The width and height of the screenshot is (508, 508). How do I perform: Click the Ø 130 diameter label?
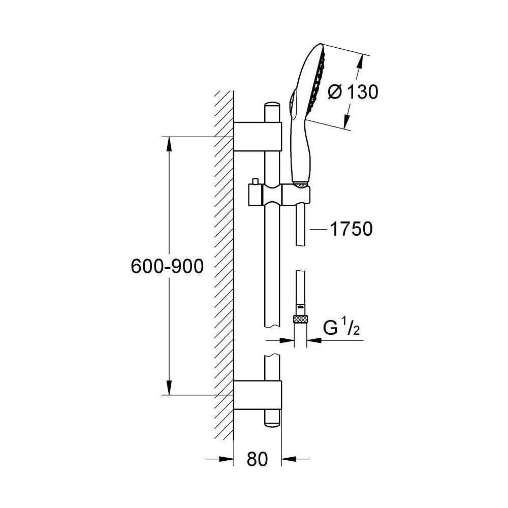pyautogui.click(x=354, y=92)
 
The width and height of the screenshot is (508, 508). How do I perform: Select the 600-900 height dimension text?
pyautogui.click(x=167, y=266)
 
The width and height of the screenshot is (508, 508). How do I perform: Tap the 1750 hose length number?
pyautogui.click(x=351, y=229)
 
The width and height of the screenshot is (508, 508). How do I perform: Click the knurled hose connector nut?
pyautogui.click(x=301, y=320)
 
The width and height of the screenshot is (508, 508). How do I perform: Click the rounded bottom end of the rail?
pyautogui.click(x=272, y=421)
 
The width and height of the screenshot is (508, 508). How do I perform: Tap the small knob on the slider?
pyautogui.click(x=255, y=182)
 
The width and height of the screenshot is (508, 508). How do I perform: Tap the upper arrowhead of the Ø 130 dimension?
pyautogui.click(x=360, y=61)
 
